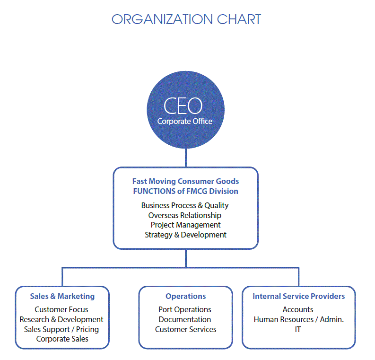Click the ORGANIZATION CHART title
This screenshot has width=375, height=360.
tap(186, 19)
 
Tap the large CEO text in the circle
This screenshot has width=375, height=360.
tap(183, 105)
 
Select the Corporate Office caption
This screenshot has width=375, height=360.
tap(184, 121)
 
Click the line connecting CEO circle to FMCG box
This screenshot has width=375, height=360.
tap(186, 158)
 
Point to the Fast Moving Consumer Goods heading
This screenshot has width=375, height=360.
tap(185, 181)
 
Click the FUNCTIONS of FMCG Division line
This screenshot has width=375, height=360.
tap(185, 191)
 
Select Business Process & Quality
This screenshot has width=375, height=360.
tap(185, 205)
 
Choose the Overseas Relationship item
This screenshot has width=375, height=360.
tap(184, 215)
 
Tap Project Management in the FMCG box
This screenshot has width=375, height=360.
tap(185, 225)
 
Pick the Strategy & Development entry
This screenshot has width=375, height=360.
tap(185, 235)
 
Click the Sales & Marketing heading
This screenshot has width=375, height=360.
tap(62, 296)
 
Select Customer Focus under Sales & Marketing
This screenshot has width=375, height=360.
tap(61, 309)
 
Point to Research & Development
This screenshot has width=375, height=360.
tap(61, 319)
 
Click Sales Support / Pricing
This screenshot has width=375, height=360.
tap(61, 329)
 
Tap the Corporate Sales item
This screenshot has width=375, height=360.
tap(62, 339)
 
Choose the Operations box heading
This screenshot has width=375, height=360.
tap(185, 296)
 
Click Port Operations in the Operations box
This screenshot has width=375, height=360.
tap(185, 309)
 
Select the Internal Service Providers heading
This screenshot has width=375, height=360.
tap(299, 296)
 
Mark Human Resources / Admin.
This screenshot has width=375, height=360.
tap(299, 319)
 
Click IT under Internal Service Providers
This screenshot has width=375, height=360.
tap(298, 329)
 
